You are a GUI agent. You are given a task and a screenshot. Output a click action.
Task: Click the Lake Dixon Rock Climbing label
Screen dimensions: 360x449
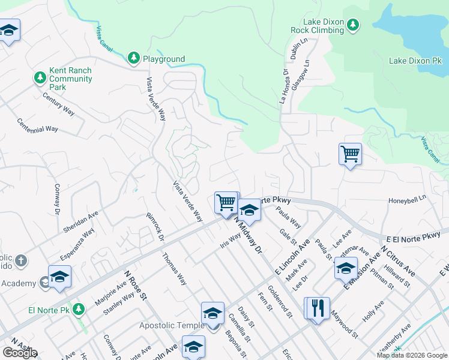317,26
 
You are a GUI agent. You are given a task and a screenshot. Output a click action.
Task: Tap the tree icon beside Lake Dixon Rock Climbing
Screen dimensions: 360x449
353,24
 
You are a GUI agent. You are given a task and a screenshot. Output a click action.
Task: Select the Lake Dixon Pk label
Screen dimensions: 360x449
415,61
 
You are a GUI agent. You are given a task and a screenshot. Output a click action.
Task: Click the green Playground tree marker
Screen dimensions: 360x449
133,58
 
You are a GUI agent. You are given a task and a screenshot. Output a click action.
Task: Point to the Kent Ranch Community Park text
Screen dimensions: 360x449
71,79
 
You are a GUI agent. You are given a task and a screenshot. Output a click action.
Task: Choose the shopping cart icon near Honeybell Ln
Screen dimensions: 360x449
350,154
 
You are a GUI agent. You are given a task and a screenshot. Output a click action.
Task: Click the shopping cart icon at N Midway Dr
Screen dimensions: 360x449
226,202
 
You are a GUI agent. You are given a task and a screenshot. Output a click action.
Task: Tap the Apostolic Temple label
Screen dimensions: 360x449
172,325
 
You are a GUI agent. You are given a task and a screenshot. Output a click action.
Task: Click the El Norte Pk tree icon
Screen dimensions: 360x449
80,310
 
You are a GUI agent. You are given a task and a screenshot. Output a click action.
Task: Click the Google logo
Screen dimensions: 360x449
20,353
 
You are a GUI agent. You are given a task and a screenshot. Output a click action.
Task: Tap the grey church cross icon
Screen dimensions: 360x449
21,260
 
